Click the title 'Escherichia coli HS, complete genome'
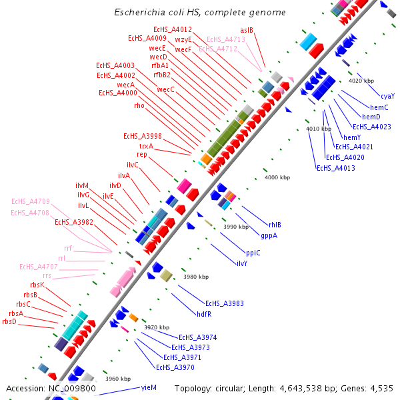(199, 13)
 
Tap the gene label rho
(139, 105)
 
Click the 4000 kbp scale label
(277, 177)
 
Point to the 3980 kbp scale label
(196, 277)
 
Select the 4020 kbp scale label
(361, 81)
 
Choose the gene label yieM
(149, 387)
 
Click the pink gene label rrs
(47, 275)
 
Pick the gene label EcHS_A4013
(335, 168)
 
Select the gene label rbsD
(9, 321)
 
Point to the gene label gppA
(269, 235)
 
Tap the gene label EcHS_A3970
(175, 367)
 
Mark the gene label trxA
(146, 145)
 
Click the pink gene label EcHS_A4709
(31, 201)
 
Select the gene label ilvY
(242, 263)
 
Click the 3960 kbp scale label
(118, 379)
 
